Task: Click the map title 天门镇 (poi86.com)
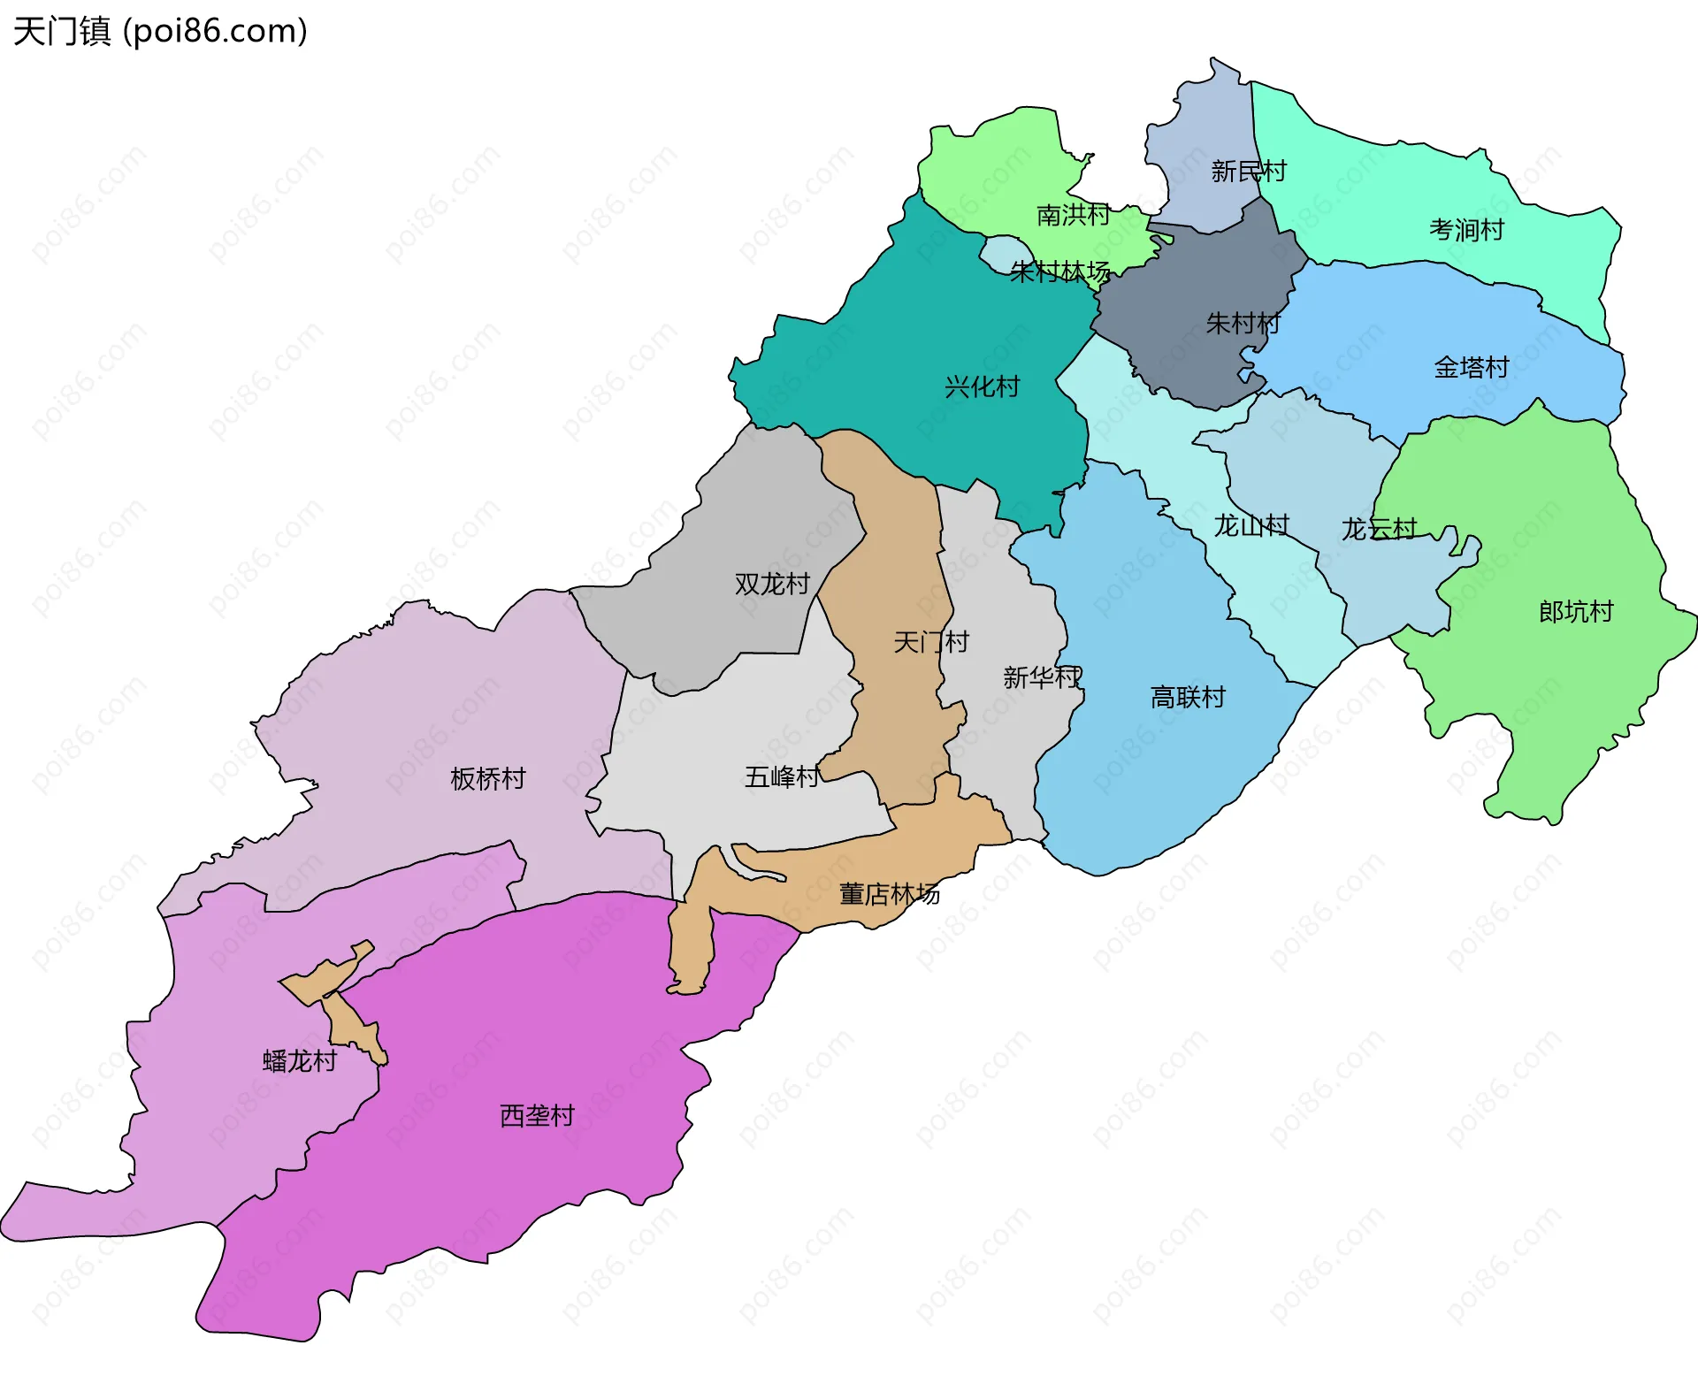tap(160, 31)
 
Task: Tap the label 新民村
tap(1248, 171)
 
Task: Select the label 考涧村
tap(1466, 230)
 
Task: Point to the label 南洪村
tap(1073, 215)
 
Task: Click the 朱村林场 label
tap(1059, 271)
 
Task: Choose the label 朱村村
tap(1243, 324)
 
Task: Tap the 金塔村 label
tap(1471, 367)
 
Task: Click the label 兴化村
tap(982, 386)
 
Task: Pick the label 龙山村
tap(1251, 526)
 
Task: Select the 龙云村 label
tap(1379, 529)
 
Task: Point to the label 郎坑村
tap(1575, 611)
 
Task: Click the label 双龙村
tap(772, 584)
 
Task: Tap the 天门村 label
tap(930, 641)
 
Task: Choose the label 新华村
tap(1042, 677)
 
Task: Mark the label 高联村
tap(1187, 697)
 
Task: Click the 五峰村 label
tap(782, 776)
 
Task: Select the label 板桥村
tap(487, 778)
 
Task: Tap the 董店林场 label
tap(889, 894)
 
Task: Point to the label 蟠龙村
tap(300, 1060)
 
